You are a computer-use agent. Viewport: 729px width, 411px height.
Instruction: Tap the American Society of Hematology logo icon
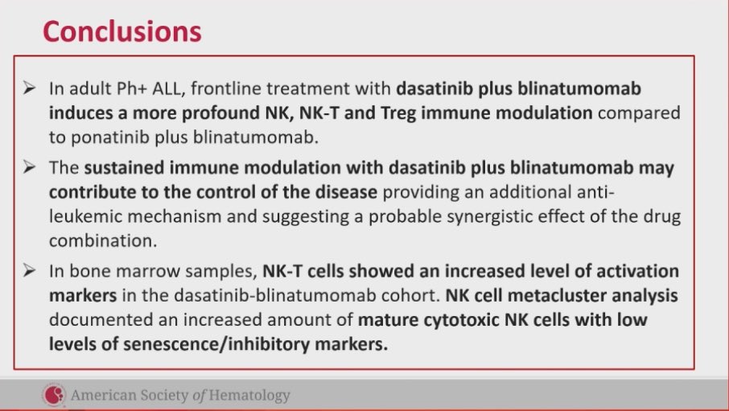pos(54,395)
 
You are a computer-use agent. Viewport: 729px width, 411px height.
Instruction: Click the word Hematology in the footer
pos(249,396)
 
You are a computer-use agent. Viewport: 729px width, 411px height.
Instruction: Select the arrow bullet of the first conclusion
pos(28,87)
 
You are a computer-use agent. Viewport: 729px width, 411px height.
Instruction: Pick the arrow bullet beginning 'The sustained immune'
pos(28,169)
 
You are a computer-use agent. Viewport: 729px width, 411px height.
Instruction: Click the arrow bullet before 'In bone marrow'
pos(28,271)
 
